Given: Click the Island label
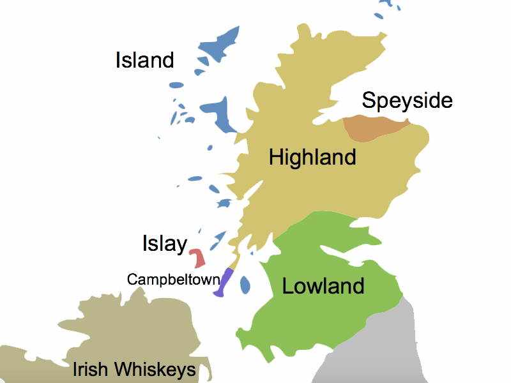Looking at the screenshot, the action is [145, 61].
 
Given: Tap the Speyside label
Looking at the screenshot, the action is [407, 101].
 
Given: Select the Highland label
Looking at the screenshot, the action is [312, 157].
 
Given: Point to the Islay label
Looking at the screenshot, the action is [164, 244].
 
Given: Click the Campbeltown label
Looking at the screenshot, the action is [173, 280].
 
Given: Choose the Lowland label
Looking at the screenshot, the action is [323, 286].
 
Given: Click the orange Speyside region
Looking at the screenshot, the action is [370, 128].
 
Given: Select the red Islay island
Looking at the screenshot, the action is [197, 258].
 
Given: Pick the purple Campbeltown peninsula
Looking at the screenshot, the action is [225, 283].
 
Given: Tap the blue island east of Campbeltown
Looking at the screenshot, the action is [244, 285].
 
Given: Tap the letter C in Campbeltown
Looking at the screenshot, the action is [132, 280].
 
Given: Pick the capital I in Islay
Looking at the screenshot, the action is [145, 244].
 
